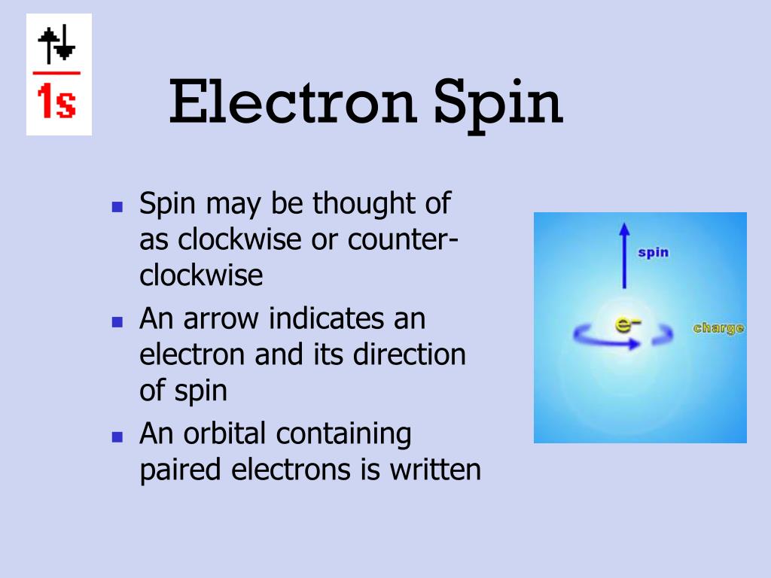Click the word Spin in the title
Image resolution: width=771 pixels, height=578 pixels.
pos(497,105)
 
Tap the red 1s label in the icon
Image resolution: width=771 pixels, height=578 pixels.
pos(58,103)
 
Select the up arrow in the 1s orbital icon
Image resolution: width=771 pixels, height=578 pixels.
pos(52,44)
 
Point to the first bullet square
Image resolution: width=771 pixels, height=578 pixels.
pos(117,205)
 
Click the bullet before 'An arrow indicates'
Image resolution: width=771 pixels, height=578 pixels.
pos(117,321)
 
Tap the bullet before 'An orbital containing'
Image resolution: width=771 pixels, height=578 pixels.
pos(117,437)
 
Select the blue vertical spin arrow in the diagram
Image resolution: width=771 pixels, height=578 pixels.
pos(623,256)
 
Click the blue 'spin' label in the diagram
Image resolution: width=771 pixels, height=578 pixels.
pos(653,252)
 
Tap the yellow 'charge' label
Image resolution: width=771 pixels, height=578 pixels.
pos(718,328)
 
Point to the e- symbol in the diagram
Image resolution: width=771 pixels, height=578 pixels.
pos(627,325)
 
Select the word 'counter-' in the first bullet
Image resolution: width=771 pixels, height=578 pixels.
pos(404,240)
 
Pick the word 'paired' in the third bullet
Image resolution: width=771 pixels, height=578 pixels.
pos(181,470)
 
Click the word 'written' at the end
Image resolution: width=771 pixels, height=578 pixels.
pos(434,470)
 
